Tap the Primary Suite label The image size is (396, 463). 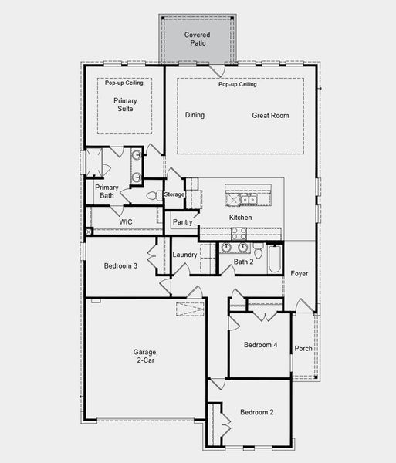(124, 104)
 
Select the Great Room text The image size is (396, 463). (270, 116)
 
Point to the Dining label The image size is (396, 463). (195, 116)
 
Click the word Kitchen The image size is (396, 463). (240, 218)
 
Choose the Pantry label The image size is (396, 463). (183, 222)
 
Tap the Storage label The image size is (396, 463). (174, 194)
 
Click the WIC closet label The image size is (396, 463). (127, 221)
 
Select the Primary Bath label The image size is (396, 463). (107, 191)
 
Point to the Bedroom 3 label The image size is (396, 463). (120, 266)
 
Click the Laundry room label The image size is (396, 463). (184, 255)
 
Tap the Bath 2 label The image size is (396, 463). (244, 262)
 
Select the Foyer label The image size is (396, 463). (300, 274)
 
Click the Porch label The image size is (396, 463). (303, 348)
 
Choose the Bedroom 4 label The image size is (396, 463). (260, 345)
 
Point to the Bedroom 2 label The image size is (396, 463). (256, 412)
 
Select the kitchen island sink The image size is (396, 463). (249, 200)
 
